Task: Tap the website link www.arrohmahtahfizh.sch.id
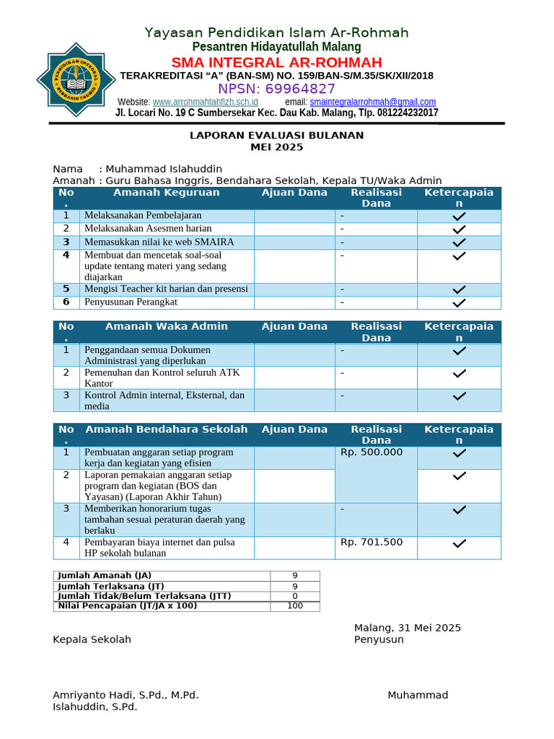coord(206,102)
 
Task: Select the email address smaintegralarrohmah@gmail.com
coord(372,102)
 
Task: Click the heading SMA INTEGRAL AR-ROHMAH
coord(277,62)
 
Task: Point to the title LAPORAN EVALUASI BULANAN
coord(277,135)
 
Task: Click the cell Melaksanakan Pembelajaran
coord(143,215)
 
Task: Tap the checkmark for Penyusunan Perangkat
coord(459,302)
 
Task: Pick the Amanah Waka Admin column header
coord(166,326)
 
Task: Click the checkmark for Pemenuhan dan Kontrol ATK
coord(459,374)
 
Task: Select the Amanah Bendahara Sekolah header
coord(166,429)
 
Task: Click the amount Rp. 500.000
coord(372,452)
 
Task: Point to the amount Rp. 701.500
coord(372,542)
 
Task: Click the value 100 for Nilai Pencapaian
coord(294,606)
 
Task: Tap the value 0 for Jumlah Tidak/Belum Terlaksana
coord(294,596)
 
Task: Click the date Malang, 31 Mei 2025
coord(407,628)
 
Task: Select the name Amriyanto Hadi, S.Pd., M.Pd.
coord(126,695)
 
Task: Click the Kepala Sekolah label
coord(92,639)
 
